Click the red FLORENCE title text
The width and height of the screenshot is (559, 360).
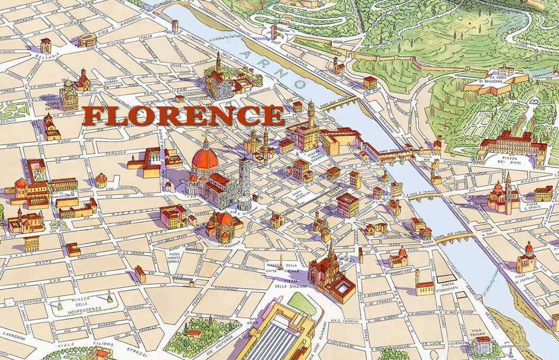[183, 116]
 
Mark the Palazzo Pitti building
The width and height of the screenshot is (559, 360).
[506, 143]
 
